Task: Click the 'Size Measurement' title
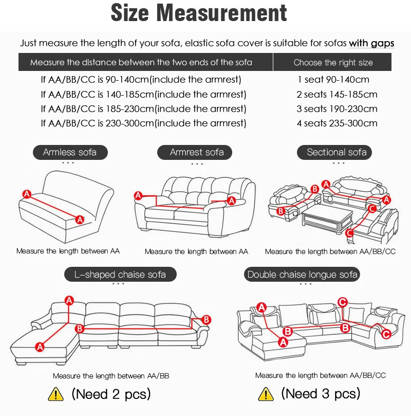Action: (x=199, y=14)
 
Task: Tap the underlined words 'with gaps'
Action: (x=371, y=43)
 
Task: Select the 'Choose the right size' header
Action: (x=333, y=63)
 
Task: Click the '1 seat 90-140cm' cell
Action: (x=333, y=80)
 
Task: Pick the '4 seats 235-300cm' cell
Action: (x=337, y=123)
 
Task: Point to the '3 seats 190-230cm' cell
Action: (x=337, y=109)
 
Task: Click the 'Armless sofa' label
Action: (x=69, y=152)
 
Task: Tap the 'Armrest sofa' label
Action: (x=197, y=152)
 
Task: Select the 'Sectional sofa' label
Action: (x=337, y=152)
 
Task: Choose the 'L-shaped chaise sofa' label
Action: (x=120, y=275)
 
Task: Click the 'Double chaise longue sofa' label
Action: (x=303, y=275)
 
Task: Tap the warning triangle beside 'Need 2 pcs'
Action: (x=55, y=395)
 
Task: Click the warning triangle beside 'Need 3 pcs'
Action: (x=265, y=395)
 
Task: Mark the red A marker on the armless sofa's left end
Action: (x=27, y=194)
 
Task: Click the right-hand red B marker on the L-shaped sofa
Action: (x=206, y=320)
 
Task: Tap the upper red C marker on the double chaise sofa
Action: (x=343, y=302)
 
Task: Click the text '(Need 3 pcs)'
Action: (x=320, y=394)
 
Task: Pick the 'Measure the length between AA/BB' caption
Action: (x=111, y=376)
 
